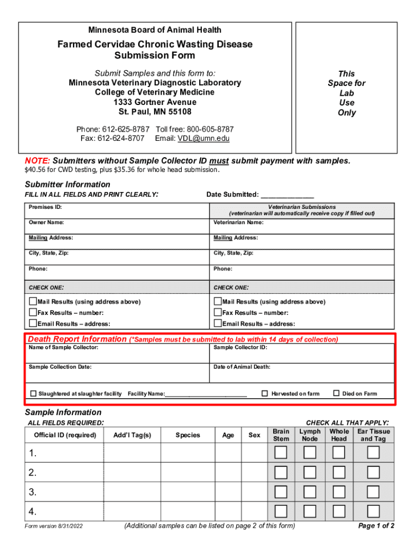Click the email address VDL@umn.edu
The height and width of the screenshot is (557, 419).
(x=203, y=139)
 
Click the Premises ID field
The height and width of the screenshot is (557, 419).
(x=117, y=211)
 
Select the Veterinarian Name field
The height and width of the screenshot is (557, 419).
(x=302, y=226)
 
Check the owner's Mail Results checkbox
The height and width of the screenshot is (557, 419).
(x=33, y=301)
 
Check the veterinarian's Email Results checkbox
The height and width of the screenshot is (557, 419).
(x=218, y=324)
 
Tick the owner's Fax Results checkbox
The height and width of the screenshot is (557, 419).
(x=33, y=313)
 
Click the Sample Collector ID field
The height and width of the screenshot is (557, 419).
(x=302, y=354)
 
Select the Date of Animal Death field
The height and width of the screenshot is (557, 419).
(x=302, y=373)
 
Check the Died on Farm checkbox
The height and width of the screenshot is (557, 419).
(x=336, y=393)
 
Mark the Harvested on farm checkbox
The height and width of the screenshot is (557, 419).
(x=265, y=393)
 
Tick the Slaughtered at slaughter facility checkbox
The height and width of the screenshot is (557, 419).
(x=33, y=393)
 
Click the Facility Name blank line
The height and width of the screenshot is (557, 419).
(x=206, y=394)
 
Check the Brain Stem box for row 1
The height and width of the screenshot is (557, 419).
(x=281, y=453)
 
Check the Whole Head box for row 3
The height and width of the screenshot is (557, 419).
(x=339, y=492)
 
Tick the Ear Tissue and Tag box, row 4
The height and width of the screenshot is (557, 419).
(x=373, y=511)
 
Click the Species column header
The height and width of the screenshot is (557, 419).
(x=188, y=435)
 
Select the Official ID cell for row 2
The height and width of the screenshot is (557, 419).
(x=64, y=472)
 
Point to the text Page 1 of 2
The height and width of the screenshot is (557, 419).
(x=376, y=526)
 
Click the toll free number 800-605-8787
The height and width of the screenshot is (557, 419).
(x=210, y=129)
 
